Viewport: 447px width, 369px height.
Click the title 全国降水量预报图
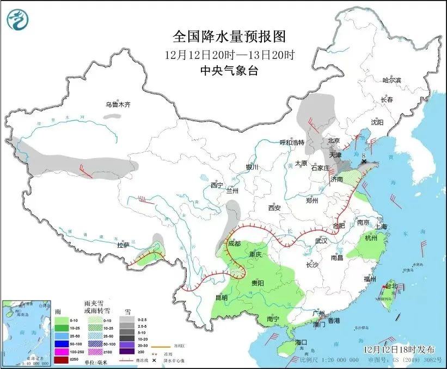(229, 36)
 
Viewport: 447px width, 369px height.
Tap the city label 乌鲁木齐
(118, 104)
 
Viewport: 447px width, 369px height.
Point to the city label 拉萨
(123, 245)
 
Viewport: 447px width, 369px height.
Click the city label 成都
(234, 243)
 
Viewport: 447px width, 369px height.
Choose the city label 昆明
(221, 297)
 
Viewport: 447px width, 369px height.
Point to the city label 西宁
(217, 185)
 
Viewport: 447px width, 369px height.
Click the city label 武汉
(321, 241)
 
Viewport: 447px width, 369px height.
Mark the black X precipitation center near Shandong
(363, 161)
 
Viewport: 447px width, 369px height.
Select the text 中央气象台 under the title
(229, 70)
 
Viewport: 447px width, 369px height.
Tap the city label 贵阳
(257, 284)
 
